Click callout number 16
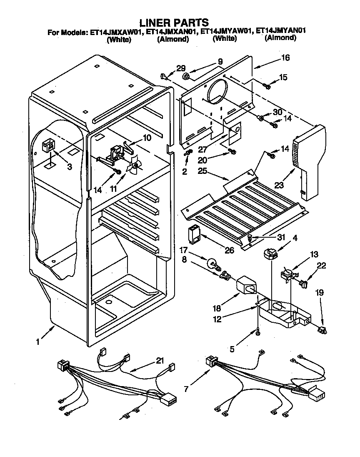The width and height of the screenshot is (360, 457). [285, 58]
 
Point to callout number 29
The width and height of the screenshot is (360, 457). [180, 68]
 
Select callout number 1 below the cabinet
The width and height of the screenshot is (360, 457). [38, 342]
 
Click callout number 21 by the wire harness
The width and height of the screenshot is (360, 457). [160, 361]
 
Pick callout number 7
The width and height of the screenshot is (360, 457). [186, 389]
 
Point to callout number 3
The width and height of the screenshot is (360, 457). [70, 167]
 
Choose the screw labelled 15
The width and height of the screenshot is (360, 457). [266, 86]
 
